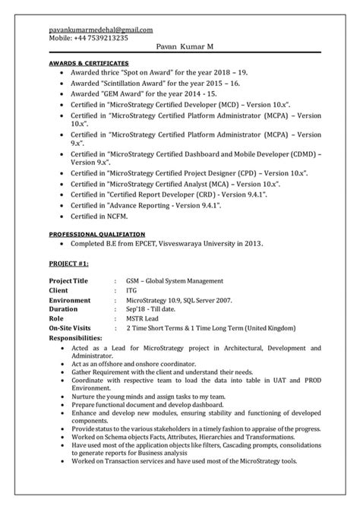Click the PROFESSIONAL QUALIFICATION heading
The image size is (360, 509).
[x=97, y=235]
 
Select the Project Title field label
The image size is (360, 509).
[x=68, y=280]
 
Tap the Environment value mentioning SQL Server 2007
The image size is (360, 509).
[x=174, y=300]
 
